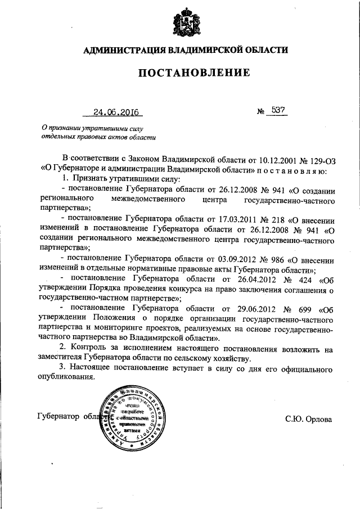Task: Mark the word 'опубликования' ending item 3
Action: [x=66, y=377]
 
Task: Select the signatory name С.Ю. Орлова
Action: [x=309, y=419]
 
